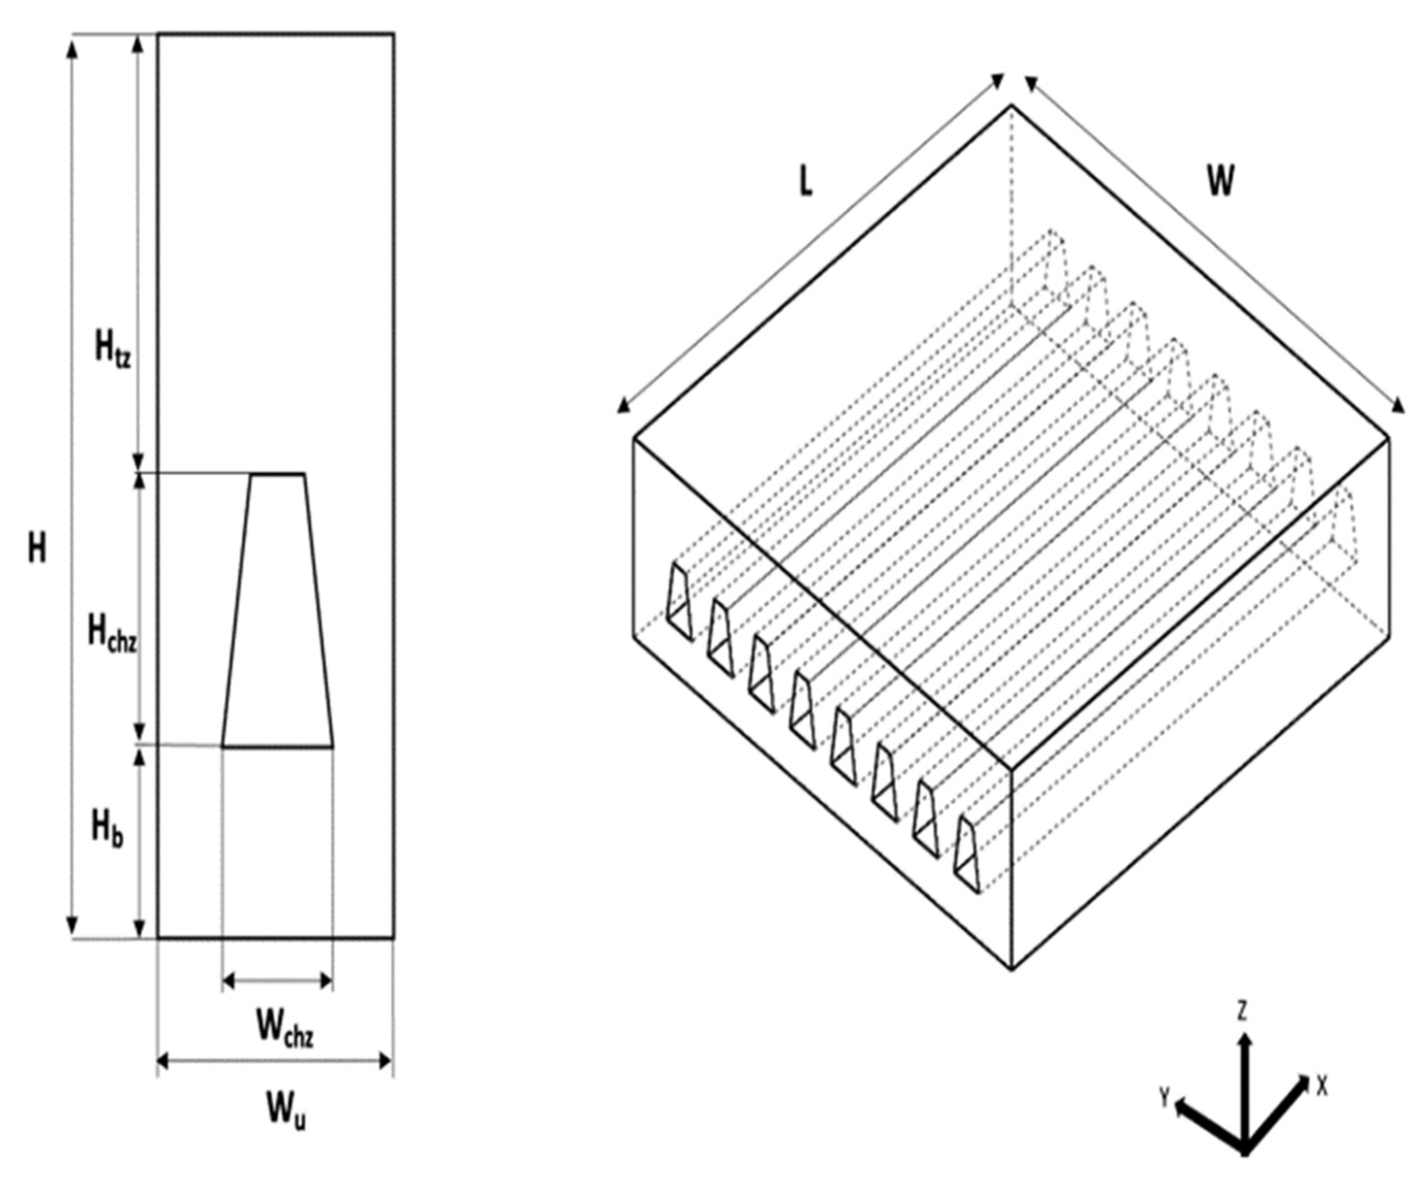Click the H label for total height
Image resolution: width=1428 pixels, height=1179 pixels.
pyautogui.click(x=37, y=547)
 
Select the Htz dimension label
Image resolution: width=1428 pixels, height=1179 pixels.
pyautogui.click(x=112, y=350)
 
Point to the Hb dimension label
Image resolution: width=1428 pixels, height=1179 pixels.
pyautogui.click(x=107, y=830)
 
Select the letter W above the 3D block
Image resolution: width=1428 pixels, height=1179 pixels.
pyautogui.click(x=1220, y=182)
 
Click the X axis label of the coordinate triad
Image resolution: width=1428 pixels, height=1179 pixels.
pyautogui.click(x=1322, y=1086)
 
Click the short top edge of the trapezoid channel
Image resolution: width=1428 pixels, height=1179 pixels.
pyautogui.click(x=277, y=474)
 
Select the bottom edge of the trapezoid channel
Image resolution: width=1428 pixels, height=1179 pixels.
pyautogui.click(x=277, y=746)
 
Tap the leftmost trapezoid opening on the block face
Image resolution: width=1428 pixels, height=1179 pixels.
pyautogui.click(x=679, y=602)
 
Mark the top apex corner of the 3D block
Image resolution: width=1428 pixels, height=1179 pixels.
pyautogui.click(x=1011, y=106)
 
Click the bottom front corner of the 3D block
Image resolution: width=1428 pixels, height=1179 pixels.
pyautogui.click(x=1011, y=967)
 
